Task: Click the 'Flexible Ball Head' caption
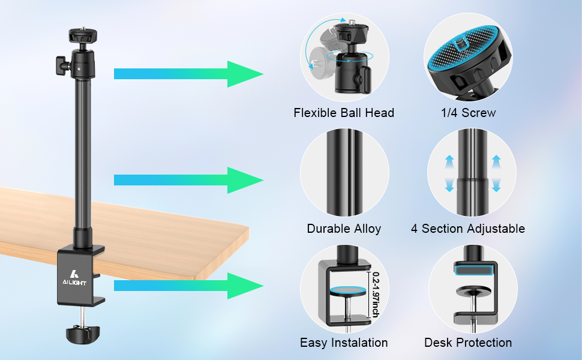tap(344, 113)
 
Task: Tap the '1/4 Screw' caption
tap(468, 113)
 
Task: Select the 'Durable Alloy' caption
tap(344, 229)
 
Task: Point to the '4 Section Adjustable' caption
tap(467, 229)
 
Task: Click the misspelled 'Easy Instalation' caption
tap(344, 343)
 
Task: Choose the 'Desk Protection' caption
tap(467, 343)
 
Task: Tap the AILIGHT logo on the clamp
tap(74, 278)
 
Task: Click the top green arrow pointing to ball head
tap(188, 74)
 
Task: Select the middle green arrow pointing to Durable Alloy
tap(188, 180)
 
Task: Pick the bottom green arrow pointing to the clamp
tap(188, 286)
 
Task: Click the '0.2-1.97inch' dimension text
tap(376, 295)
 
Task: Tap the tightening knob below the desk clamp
tap(83, 334)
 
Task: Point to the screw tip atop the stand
tap(82, 28)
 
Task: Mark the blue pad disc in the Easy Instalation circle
tap(348, 290)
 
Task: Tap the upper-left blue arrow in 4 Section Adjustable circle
tap(449, 162)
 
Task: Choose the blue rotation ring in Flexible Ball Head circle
tap(350, 56)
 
